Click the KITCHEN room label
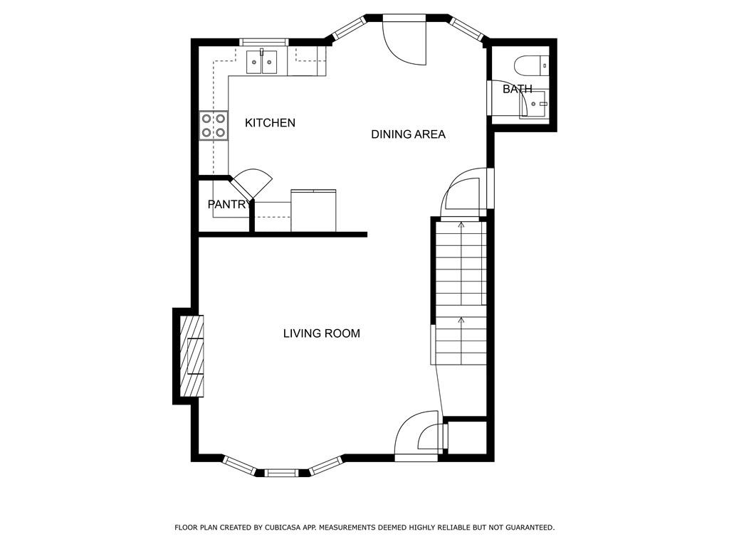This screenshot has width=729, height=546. pyautogui.click(x=270, y=122)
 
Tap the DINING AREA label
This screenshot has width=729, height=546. pyautogui.click(x=408, y=134)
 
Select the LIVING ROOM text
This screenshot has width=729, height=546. pyautogui.click(x=322, y=333)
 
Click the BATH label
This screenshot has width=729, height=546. pyautogui.click(x=518, y=89)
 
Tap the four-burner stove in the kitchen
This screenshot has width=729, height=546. pyautogui.click(x=214, y=125)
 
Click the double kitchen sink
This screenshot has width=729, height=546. pyautogui.click(x=261, y=62)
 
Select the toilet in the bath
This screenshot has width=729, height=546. pyautogui.click(x=532, y=65)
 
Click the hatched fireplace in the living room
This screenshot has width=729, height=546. pyautogui.click(x=192, y=356)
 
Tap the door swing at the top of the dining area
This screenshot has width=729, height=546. pyautogui.click(x=404, y=43)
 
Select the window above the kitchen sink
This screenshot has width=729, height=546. pyautogui.click(x=263, y=42)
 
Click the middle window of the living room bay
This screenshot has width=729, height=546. pyautogui.click(x=282, y=473)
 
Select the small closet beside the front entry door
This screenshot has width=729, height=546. pyautogui.click(x=467, y=438)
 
